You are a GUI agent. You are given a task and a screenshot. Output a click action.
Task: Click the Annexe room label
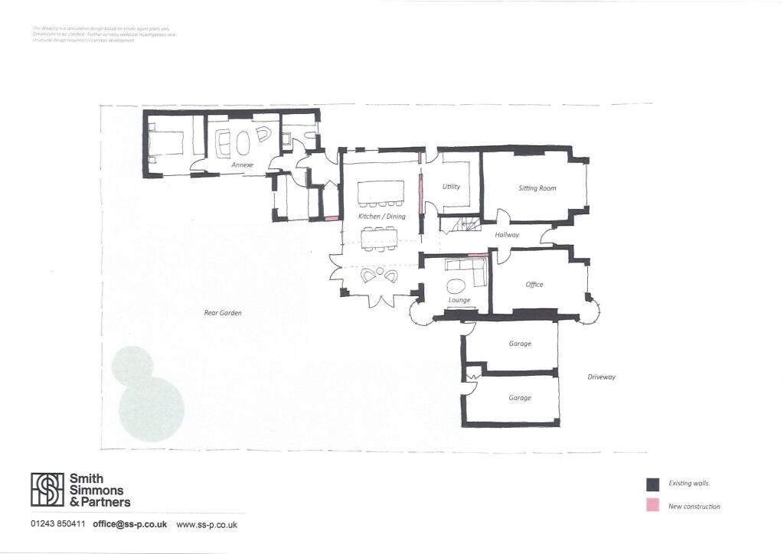pos(242,165)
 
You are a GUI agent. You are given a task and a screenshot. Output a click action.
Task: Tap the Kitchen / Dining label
pos(381,217)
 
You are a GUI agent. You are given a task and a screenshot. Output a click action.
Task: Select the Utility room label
pos(452,187)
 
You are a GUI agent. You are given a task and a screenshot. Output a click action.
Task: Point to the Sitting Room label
pos(537,188)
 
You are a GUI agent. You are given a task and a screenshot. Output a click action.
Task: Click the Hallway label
pos(507,235)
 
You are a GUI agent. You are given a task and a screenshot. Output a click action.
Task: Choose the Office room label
pos(534,285)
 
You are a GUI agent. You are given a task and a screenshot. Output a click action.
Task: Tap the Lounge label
pos(459,300)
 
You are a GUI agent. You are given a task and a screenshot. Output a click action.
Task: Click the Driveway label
pos(601,377)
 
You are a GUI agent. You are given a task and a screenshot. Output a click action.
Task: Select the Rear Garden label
pos(223,313)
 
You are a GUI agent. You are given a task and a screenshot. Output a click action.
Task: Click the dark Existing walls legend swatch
pos(652,484)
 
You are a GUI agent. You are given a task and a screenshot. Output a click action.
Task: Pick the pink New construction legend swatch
pos(652,506)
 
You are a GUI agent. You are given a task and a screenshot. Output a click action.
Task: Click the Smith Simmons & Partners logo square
pos(47,489)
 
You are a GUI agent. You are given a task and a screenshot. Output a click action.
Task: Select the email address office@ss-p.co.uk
pos(130,525)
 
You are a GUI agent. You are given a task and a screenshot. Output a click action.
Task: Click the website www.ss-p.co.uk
pos(207,525)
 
